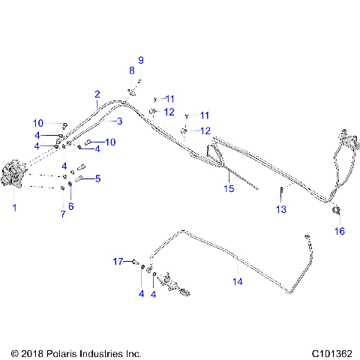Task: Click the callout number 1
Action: pos(13,206)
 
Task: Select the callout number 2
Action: pos(97,94)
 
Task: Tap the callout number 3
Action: pos(118,120)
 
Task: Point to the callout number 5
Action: pos(97,178)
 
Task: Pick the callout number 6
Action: pos(71,205)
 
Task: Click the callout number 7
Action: pos(63,214)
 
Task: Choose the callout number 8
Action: pos(131,70)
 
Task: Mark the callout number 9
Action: pos(139,59)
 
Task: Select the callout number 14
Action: pos(238,282)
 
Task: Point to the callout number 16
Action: pos(339,231)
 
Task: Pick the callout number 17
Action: pos(118,261)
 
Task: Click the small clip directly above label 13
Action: pos(281,188)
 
